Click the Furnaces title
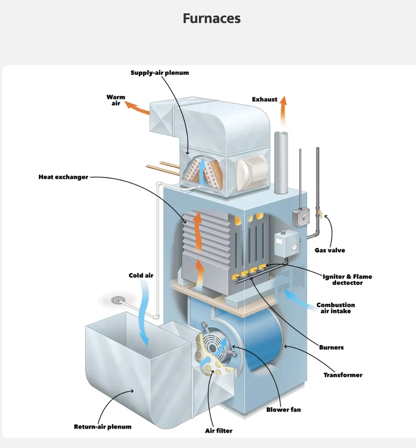[x=211, y=18]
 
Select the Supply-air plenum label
[x=159, y=73]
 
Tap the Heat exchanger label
[x=63, y=177]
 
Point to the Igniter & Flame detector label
[x=347, y=280]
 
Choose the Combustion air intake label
[x=335, y=308]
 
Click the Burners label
[x=331, y=347]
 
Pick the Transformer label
[x=343, y=375]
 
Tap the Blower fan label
[x=283, y=409]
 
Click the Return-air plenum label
[x=103, y=427]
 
